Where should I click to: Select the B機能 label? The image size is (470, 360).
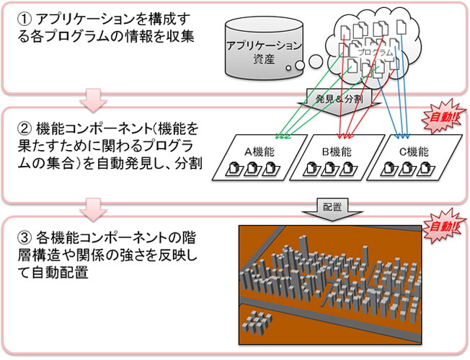[x=336, y=152]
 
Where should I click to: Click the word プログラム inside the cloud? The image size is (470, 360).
[x=375, y=53]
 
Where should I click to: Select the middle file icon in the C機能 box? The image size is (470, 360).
[x=407, y=171]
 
